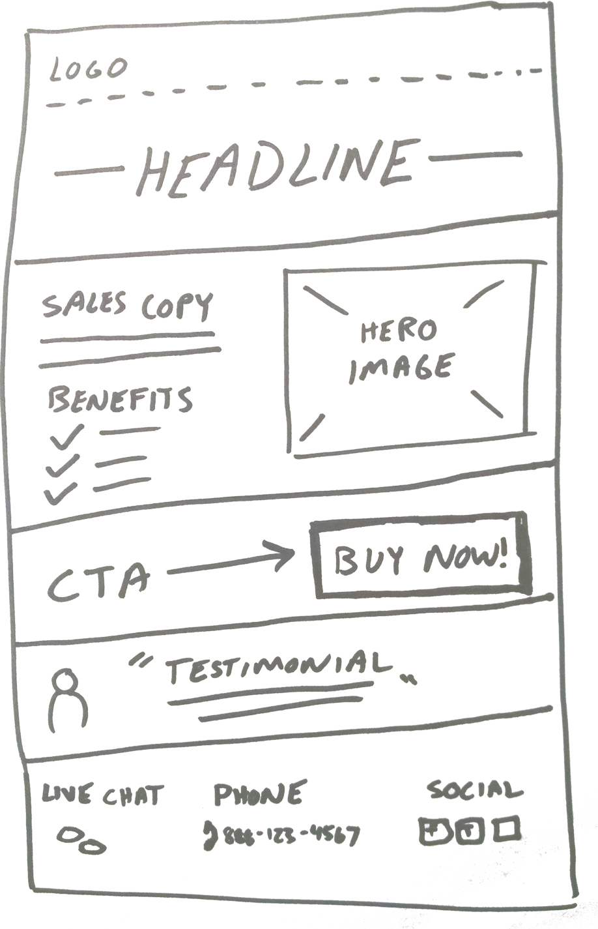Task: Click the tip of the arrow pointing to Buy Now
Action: (x=294, y=552)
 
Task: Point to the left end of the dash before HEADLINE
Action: (x=56, y=174)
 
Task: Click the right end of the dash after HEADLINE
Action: (x=520, y=155)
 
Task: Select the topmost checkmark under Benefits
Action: (x=66, y=436)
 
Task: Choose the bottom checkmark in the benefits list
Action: (x=60, y=494)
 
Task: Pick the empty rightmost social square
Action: (x=506, y=829)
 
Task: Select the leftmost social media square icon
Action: (x=433, y=831)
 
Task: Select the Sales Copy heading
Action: (x=127, y=305)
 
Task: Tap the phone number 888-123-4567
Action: (x=292, y=835)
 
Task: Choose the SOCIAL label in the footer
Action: (x=475, y=789)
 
